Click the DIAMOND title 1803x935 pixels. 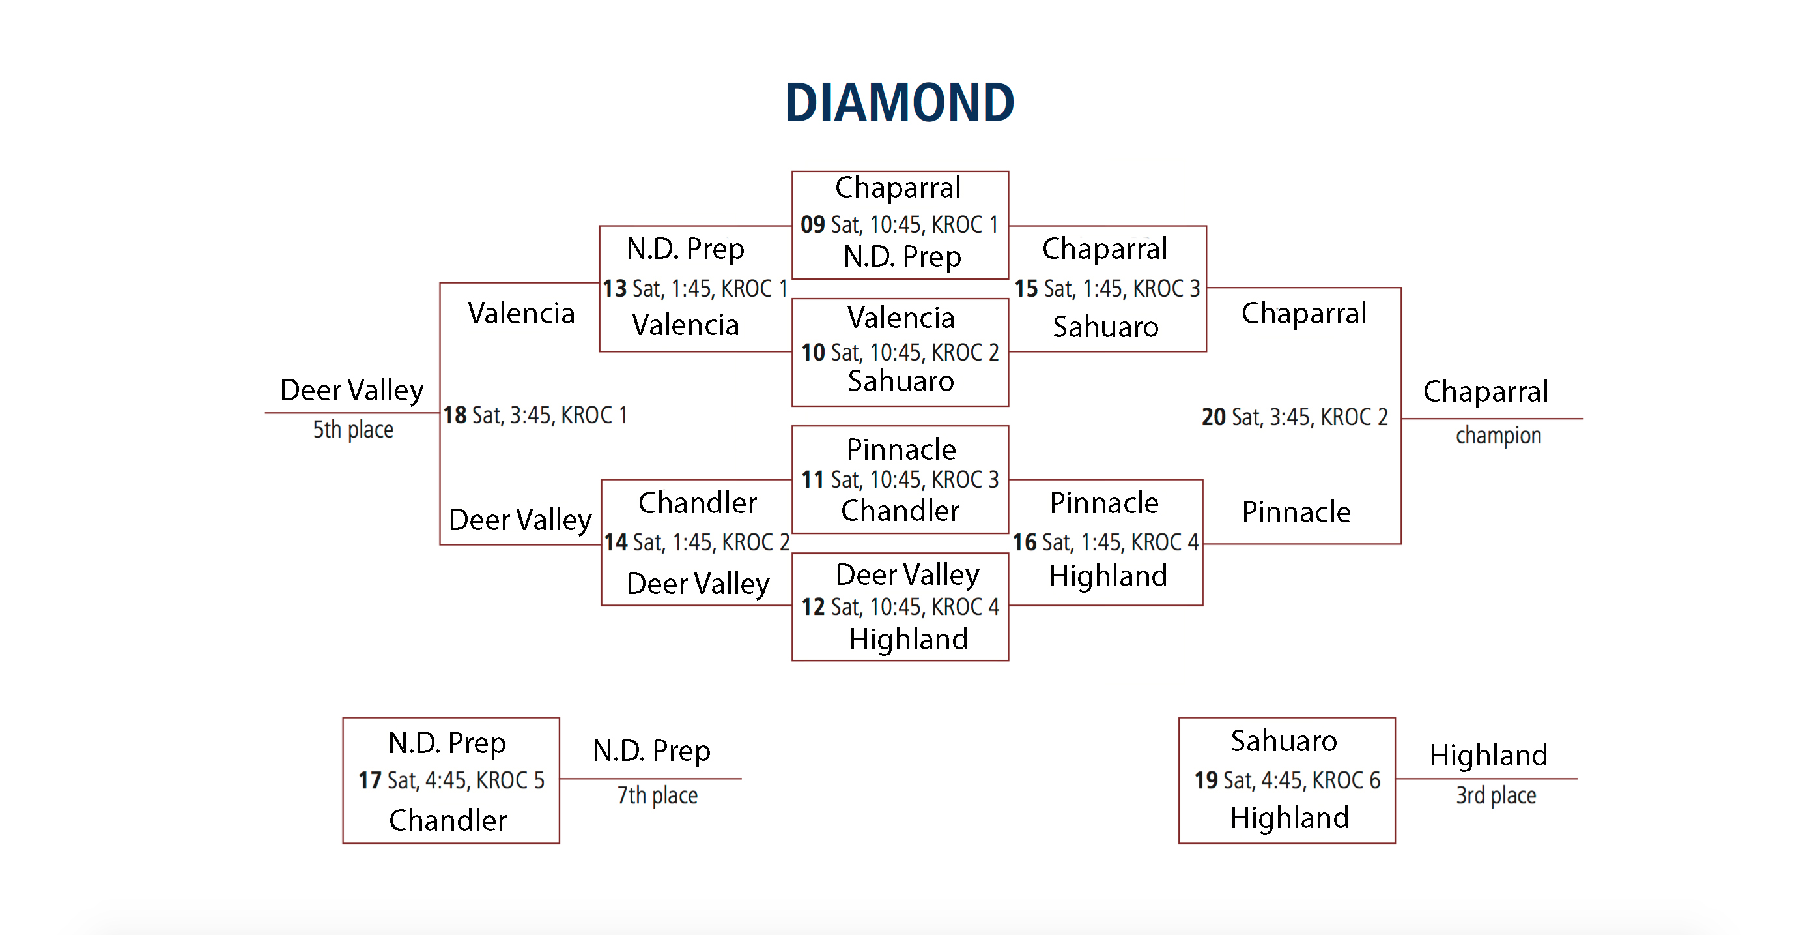[900, 102]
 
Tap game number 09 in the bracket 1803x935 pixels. [813, 224]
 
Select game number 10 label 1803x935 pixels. [813, 352]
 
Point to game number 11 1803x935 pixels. [813, 480]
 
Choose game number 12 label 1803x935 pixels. [813, 606]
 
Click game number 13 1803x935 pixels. [614, 289]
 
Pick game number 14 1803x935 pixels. [616, 542]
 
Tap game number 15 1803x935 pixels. [1026, 289]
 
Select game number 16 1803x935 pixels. [1025, 542]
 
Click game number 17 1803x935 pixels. [369, 780]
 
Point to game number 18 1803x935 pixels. [455, 415]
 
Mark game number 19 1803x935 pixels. [1206, 780]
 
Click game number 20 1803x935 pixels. [1214, 417]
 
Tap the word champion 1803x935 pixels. [1499, 436]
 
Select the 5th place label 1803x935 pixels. [353, 429]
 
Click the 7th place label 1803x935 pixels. [657, 795]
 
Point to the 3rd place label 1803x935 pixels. [1496, 795]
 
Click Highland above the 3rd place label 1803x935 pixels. [1488, 756]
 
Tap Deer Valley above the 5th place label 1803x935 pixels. [352, 391]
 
